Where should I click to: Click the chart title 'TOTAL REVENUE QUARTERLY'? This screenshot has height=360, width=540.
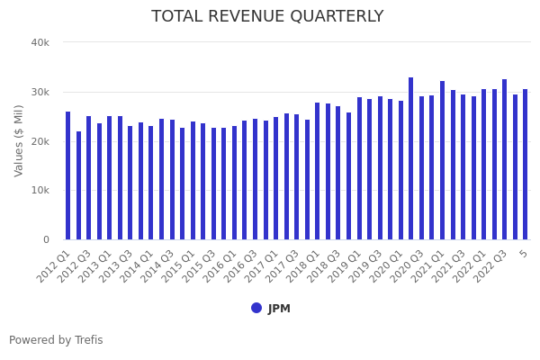267,17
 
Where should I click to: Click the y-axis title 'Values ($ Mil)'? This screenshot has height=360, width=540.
19,140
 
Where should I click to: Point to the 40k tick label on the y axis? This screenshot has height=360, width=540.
40,42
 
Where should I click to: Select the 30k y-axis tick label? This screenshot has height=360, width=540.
40,92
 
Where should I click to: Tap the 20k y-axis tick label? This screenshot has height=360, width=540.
40,141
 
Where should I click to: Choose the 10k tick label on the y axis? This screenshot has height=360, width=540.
40,190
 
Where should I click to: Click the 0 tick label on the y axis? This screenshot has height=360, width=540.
45,239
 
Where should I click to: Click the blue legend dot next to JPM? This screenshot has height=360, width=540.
256,308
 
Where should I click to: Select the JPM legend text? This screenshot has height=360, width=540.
279,309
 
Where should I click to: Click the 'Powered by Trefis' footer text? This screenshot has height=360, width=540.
56,340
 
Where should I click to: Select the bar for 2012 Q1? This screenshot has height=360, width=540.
68,175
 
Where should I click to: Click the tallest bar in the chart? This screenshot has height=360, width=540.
411,158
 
